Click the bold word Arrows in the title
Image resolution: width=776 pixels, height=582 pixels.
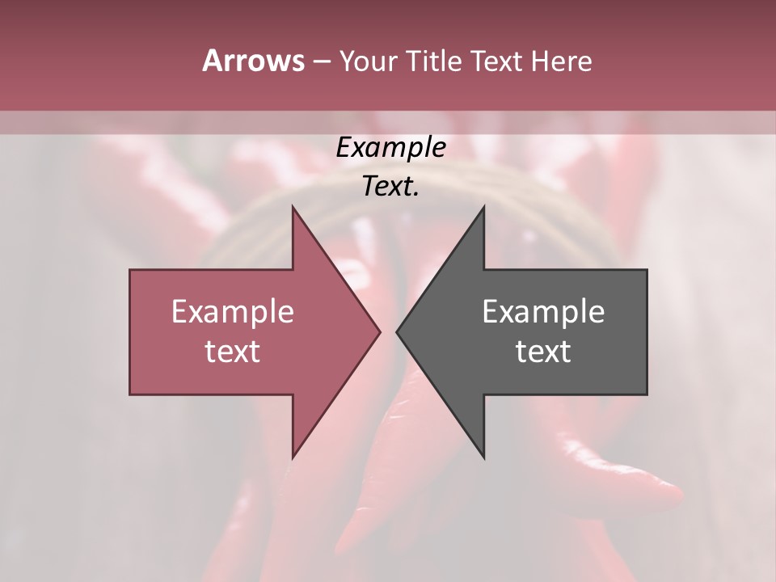coord(253,61)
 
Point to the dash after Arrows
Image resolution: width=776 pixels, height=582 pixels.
coord(321,62)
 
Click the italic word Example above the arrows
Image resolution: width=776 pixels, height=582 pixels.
coord(391,149)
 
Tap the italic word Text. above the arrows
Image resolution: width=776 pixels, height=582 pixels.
coord(391,187)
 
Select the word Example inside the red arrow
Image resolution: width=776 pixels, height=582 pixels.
coord(233,312)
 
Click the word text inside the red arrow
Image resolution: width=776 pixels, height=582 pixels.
coord(233,352)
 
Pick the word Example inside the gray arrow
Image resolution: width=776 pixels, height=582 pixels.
coord(543,312)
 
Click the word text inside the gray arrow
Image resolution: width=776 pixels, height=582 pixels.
coord(543,352)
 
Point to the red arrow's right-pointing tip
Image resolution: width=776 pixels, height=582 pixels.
coord(380,331)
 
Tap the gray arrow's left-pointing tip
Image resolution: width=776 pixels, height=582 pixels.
coord(397,331)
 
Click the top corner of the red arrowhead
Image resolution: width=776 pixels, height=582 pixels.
coord(293,206)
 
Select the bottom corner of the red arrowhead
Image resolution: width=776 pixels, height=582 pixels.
coord(293,458)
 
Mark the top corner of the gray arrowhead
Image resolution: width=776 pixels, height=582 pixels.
coord(484,206)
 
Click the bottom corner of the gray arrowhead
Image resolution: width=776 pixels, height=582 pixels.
coord(484,458)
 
